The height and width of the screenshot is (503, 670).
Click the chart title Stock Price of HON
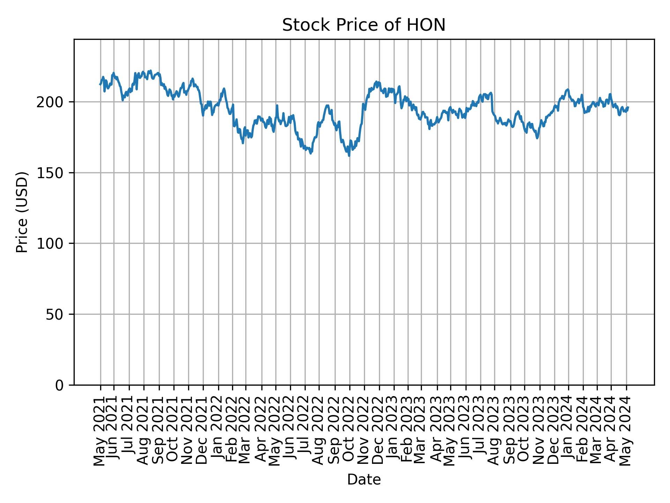[x=364, y=25]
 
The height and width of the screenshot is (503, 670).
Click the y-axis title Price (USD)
[x=22, y=212]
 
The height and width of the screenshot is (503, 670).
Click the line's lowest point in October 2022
[x=349, y=156]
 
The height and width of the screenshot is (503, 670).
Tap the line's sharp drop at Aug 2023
[x=492, y=105]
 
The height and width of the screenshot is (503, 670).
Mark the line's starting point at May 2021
[x=100, y=85]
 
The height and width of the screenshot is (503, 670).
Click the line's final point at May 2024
[x=628, y=107]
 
